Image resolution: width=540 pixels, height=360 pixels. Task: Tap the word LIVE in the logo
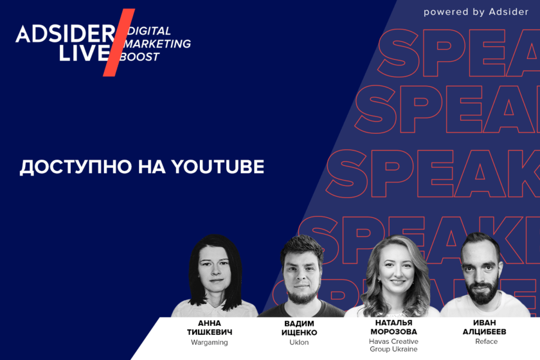(85, 53)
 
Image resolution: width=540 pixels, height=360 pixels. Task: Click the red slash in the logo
(118, 43)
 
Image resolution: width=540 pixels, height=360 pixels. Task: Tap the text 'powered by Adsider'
(476, 12)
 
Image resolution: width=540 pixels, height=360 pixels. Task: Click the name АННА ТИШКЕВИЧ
(209, 328)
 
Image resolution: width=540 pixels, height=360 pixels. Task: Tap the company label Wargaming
(209, 343)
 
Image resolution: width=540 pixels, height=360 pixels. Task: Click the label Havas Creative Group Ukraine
(394, 345)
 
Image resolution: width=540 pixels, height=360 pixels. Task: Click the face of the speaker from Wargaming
(214, 275)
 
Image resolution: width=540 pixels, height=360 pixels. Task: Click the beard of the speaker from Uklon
(302, 294)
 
